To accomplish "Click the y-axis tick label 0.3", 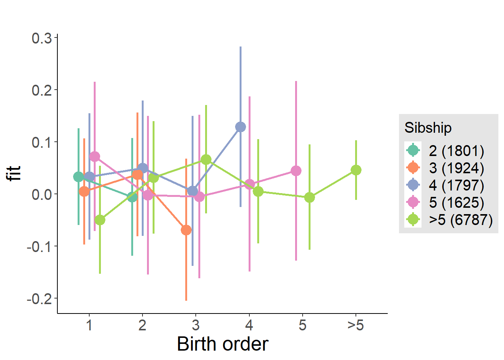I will pos(42,38).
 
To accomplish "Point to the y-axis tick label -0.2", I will pos(39,299).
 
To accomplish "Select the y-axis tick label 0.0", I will pos(42,195).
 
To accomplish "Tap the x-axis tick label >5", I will pos(355,325).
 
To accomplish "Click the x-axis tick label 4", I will pos(249,325).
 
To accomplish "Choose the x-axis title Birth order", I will pos(222,344).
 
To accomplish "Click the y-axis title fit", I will pos(15,174).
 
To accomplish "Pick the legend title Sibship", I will pos(428,128).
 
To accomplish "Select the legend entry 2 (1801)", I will pos(456,151).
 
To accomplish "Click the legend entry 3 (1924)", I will pos(456,168).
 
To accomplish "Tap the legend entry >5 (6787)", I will pos(460,220).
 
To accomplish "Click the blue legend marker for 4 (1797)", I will pos(413,185).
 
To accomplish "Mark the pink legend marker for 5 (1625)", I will pos(413,202).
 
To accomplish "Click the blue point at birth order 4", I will pos(240,127).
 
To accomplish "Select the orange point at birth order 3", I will pos(186,230).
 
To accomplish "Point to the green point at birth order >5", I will pos(356,170).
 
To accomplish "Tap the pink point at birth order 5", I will pos(296,171).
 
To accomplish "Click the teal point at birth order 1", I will pos(78,177).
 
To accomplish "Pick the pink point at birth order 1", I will pos(94,156).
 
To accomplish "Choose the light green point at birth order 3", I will pos(206,160).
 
